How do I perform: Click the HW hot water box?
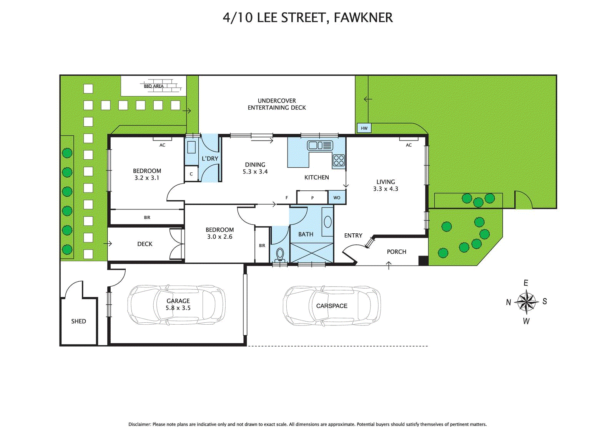364,128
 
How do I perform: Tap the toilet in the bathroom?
280,254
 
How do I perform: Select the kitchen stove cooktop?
339,160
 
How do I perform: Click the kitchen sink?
320,145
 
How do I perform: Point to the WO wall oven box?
337,198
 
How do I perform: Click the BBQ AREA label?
154,86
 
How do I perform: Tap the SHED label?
78,321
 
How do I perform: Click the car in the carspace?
332,306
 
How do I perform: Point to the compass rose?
526,302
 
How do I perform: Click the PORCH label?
396,252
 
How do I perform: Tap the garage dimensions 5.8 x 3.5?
178,308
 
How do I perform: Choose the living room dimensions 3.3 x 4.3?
386,189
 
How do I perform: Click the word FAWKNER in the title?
363,18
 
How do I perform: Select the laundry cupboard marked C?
191,174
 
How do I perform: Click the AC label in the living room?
409,145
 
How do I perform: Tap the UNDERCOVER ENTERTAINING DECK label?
277,104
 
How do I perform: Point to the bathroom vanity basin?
327,222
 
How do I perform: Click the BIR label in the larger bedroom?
147,218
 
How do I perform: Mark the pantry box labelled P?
312,198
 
